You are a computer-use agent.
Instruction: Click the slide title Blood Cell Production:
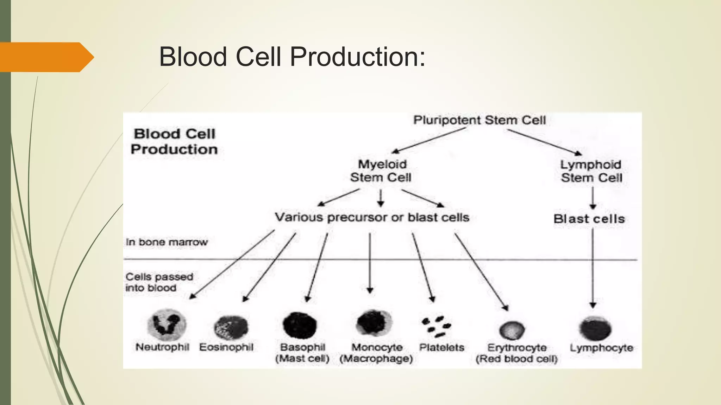292,57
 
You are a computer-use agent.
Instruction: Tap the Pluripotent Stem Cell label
479,120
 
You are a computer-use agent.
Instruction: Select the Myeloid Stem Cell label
381,171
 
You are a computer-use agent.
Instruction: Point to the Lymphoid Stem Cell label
591,171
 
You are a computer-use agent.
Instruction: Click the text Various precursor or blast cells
372,217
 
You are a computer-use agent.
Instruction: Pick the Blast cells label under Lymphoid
589,219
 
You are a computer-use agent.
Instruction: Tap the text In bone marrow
167,242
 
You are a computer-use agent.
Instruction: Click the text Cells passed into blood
159,282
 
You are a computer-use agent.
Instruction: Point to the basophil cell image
300,325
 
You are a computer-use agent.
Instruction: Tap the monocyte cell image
369,323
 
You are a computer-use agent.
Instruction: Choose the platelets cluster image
436,326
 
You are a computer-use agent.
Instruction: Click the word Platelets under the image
441,348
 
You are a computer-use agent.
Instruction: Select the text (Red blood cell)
516,359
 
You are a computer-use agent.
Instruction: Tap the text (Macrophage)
376,359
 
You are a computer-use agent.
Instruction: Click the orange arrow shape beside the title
46,57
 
